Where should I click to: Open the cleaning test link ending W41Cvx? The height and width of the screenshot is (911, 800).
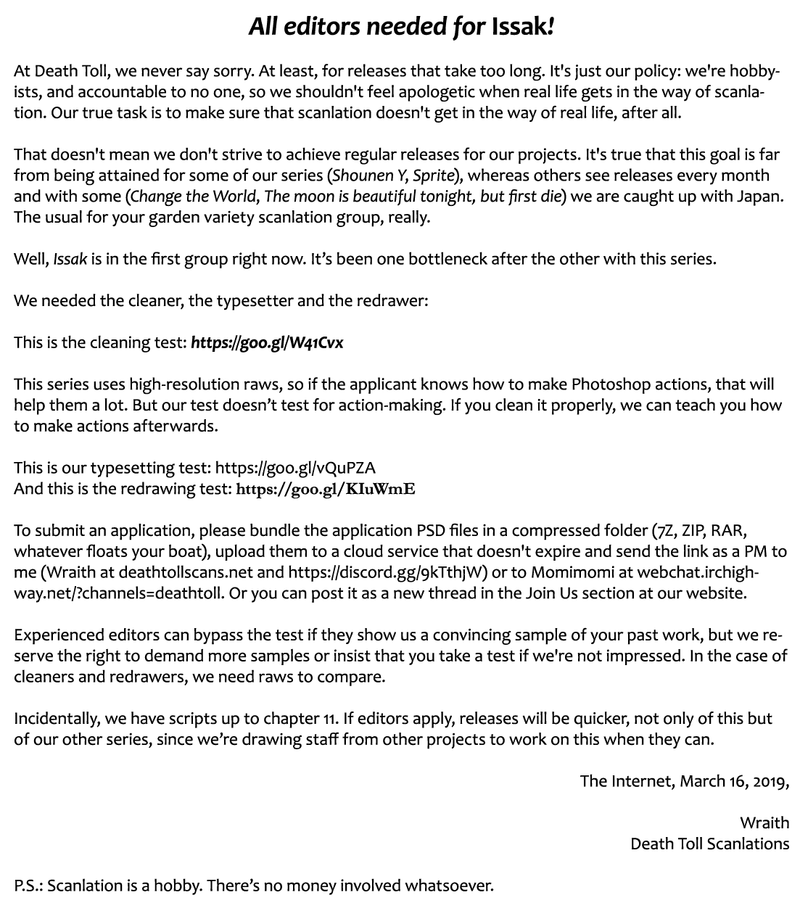(x=267, y=342)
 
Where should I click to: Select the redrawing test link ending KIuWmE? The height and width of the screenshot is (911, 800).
(x=326, y=489)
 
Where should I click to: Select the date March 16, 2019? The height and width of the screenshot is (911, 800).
(x=732, y=781)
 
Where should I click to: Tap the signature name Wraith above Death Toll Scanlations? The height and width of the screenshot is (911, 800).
(x=764, y=823)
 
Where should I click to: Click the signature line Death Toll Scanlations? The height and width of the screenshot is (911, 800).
(x=709, y=844)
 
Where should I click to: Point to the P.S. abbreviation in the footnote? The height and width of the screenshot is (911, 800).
(x=28, y=886)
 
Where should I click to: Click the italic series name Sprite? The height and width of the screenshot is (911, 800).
(x=433, y=176)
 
